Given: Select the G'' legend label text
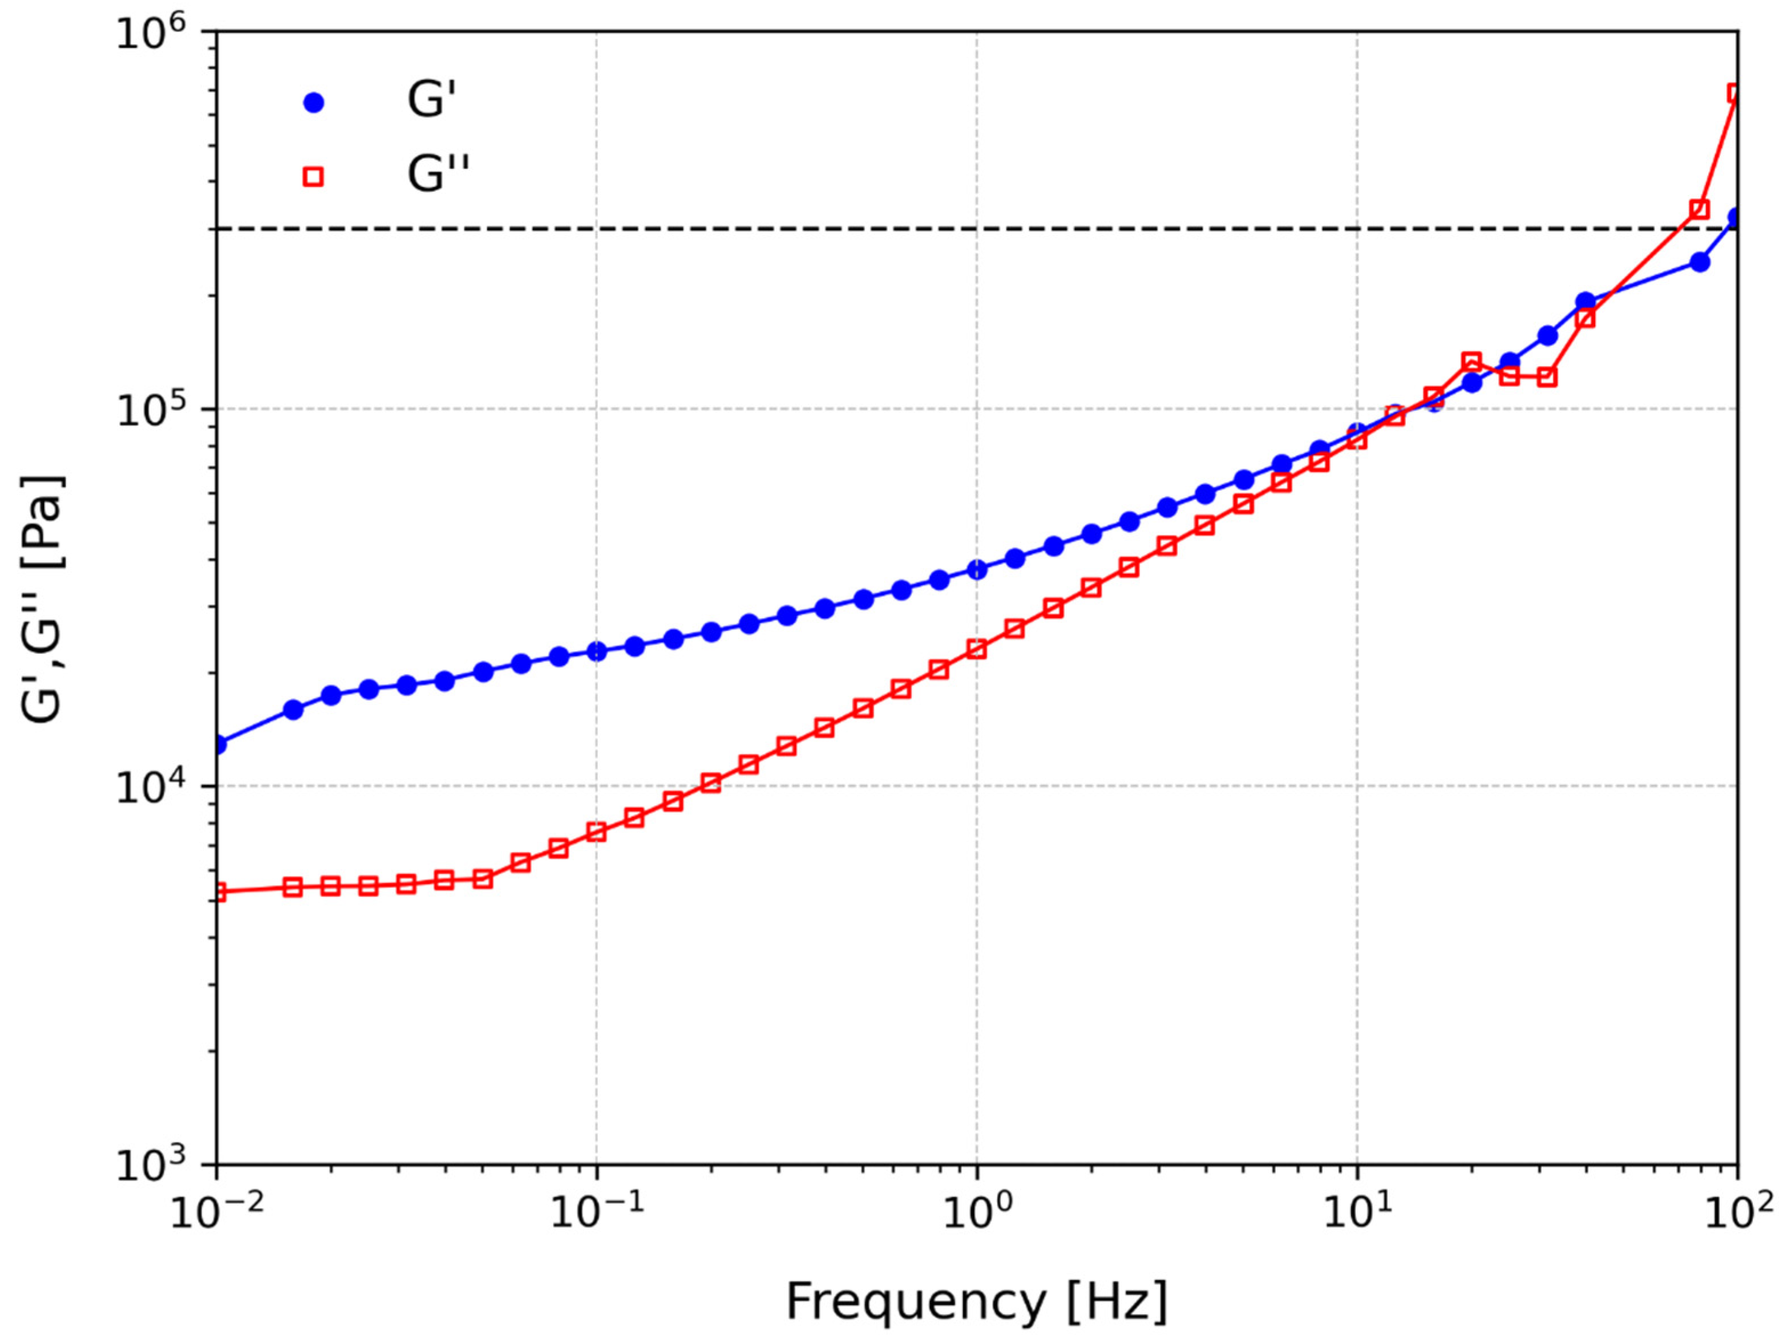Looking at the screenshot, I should (437, 175).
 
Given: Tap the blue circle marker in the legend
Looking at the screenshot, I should (313, 103).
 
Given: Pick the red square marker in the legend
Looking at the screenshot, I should (313, 176).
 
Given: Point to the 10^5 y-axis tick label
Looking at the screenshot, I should (150, 411).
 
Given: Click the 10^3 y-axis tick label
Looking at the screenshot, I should (150, 1165).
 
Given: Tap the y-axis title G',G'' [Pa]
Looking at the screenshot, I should (42, 598).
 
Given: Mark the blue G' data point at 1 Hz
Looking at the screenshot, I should (977, 569).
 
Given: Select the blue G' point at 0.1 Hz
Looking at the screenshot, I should (596, 651).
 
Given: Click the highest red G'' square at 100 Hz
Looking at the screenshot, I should (1735, 94).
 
